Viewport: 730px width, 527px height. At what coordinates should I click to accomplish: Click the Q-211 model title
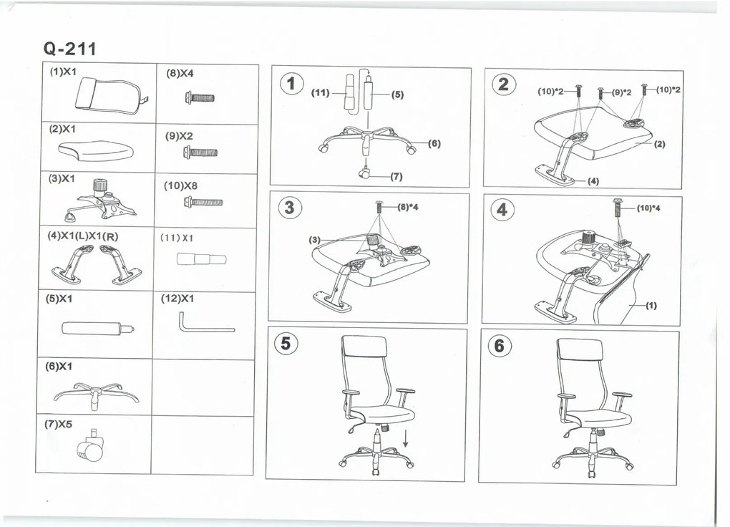tap(70, 49)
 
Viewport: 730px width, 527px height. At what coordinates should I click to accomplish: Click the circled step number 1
tap(291, 84)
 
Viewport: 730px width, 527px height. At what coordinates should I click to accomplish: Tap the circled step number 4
tap(502, 210)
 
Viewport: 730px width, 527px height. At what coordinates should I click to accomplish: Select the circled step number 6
tap(499, 346)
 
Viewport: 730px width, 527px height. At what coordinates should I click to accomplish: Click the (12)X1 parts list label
tap(177, 299)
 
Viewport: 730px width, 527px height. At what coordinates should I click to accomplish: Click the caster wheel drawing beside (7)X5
tap(90, 445)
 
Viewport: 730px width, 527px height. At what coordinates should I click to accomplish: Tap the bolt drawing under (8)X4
tap(200, 98)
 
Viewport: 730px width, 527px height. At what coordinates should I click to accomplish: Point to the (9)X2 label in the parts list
tap(179, 136)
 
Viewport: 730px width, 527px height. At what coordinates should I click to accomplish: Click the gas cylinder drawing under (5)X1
tap(98, 328)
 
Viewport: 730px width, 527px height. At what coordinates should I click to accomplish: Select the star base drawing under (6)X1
tap(96, 395)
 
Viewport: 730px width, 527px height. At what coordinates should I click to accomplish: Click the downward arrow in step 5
tap(406, 438)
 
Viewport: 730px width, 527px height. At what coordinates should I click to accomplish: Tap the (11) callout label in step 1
tap(321, 92)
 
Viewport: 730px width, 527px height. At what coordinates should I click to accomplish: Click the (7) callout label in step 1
tap(396, 177)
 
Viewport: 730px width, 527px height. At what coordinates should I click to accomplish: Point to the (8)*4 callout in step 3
tap(408, 207)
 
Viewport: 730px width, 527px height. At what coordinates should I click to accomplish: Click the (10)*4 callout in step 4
tap(648, 208)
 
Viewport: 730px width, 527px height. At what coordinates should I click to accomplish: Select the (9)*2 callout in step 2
tap(621, 92)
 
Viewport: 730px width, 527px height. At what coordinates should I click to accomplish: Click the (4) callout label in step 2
tap(593, 180)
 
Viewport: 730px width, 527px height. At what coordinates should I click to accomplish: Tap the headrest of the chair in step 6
tap(579, 349)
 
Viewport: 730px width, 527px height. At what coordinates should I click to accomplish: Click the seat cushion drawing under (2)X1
tap(97, 149)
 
